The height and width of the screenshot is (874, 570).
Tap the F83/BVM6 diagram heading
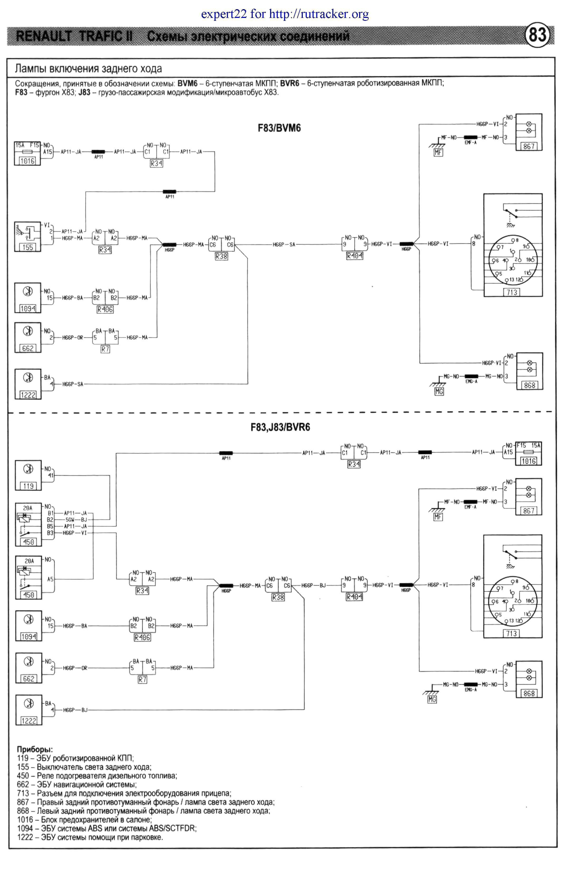click(x=279, y=128)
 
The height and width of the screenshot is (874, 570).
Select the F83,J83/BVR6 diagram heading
click(x=280, y=427)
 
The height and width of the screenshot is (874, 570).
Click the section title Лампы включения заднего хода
click(x=88, y=69)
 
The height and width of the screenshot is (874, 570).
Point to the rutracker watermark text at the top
click(x=285, y=14)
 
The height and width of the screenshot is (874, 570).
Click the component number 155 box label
click(x=28, y=247)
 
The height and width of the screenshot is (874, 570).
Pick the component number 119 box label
click(x=28, y=486)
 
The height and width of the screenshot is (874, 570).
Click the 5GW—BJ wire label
click(x=76, y=519)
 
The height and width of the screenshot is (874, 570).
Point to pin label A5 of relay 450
click(x=50, y=579)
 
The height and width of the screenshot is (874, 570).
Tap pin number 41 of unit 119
click(x=51, y=476)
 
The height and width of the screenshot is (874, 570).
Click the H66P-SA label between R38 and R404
click(x=284, y=245)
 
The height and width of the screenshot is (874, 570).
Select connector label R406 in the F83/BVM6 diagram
click(x=105, y=310)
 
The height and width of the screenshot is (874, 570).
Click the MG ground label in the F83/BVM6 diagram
click(x=439, y=391)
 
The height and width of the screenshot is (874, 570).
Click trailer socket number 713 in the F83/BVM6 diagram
click(x=511, y=292)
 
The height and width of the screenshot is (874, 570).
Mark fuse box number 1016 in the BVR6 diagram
click(x=529, y=461)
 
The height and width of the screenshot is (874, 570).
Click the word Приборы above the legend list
click(x=35, y=749)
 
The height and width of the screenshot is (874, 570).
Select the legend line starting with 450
click(x=97, y=776)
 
